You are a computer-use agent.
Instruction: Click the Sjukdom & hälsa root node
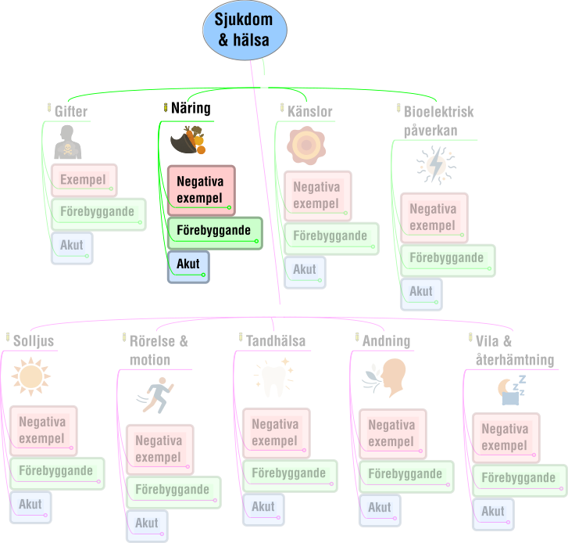(x=245, y=30)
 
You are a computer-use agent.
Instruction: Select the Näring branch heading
(x=191, y=108)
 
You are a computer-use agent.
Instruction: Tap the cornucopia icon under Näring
(x=188, y=140)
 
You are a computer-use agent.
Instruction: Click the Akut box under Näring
(x=188, y=267)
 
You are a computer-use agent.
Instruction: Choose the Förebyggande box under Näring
(x=215, y=233)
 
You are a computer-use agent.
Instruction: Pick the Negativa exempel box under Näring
(x=202, y=190)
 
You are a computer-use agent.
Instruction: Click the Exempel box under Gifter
(x=84, y=180)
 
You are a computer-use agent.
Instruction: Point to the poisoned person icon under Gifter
(x=68, y=142)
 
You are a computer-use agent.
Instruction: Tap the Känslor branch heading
(x=309, y=111)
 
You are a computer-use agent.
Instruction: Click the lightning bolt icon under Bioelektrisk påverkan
(x=436, y=165)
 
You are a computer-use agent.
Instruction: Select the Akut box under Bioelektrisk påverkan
(x=421, y=294)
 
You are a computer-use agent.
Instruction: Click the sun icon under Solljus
(x=30, y=376)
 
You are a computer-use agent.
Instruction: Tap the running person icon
(x=155, y=395)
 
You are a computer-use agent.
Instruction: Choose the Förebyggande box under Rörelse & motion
(x=173, y=493)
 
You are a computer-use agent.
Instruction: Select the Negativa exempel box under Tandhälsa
(x=277, y=433)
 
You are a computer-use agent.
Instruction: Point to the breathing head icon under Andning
(x=384, y=378)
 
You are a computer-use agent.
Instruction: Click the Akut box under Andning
(x=380, y=510)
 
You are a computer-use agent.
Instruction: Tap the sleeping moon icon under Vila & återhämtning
(x=512, y=390)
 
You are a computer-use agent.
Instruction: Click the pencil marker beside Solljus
(x=8, y=337)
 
